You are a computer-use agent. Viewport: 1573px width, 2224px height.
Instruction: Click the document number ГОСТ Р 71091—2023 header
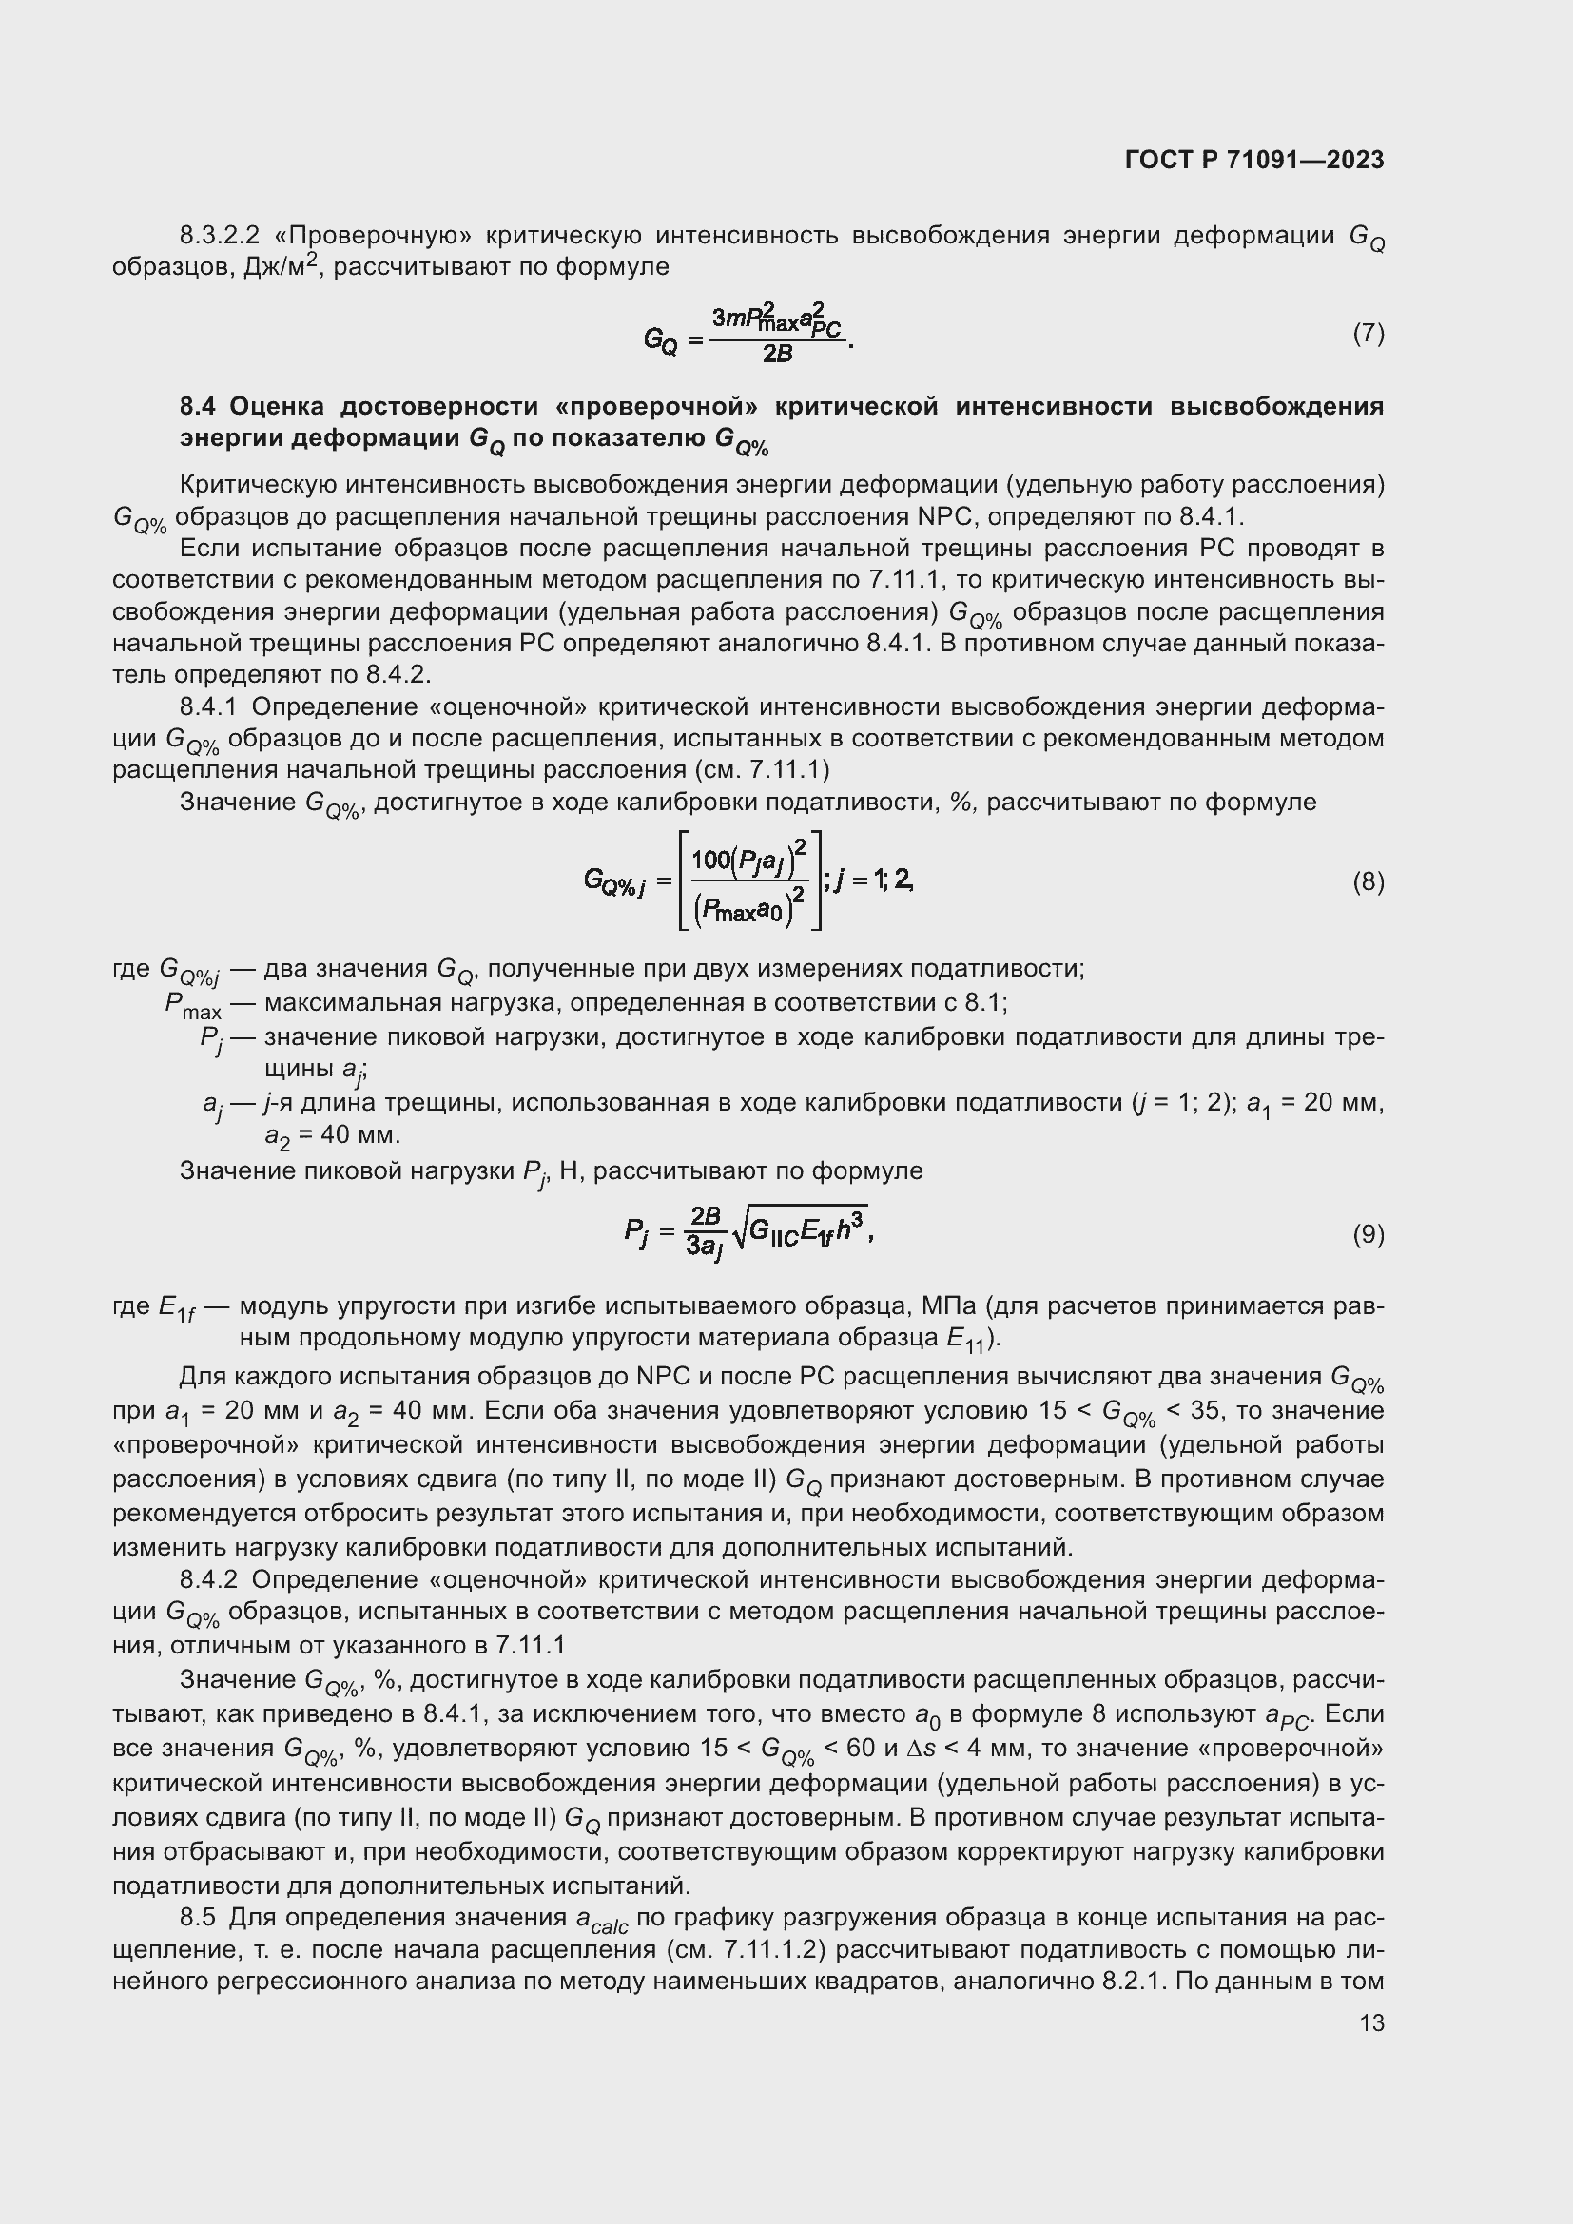click(1254, 160)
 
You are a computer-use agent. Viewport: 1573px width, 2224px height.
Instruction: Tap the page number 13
click(1370, 2023)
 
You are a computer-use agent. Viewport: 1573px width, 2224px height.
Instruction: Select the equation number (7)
click(1368, 333)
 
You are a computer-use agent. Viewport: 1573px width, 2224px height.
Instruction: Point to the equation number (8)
click(1368, 881)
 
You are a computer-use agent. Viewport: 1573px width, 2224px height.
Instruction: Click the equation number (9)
click(1368, 1234)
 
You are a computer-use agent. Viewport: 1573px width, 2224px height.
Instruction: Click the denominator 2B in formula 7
click(777, 355)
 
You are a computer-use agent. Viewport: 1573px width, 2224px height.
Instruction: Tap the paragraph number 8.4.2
click(208, 1580)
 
